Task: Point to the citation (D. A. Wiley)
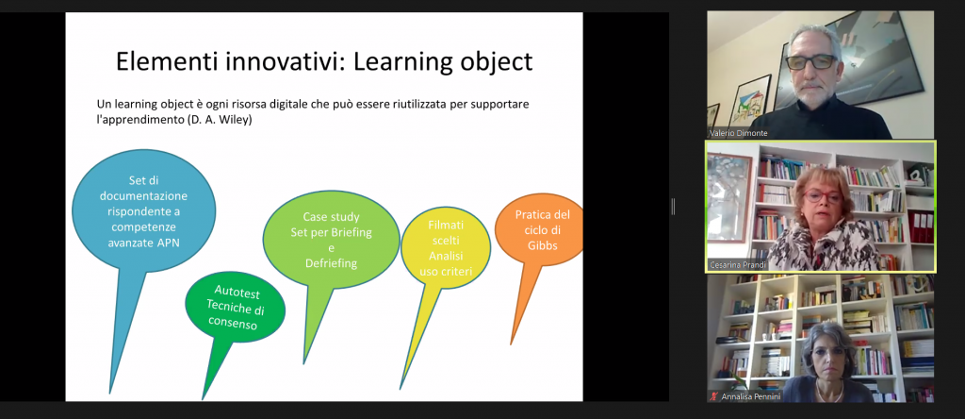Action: [219, 120]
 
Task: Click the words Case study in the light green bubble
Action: [331, 217]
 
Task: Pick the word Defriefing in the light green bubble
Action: [331, 263]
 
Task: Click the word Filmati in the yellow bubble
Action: [446, 226]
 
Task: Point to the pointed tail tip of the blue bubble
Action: [109, 394]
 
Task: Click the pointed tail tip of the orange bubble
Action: [511, 344]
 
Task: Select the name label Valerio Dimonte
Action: [739, 133]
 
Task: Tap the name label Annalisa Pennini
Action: [751, 396]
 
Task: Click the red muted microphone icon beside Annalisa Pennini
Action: [714, 396]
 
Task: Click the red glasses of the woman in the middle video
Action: [822, 197]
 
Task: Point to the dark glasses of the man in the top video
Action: [811, 61]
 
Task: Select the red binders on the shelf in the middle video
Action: [921, 226]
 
